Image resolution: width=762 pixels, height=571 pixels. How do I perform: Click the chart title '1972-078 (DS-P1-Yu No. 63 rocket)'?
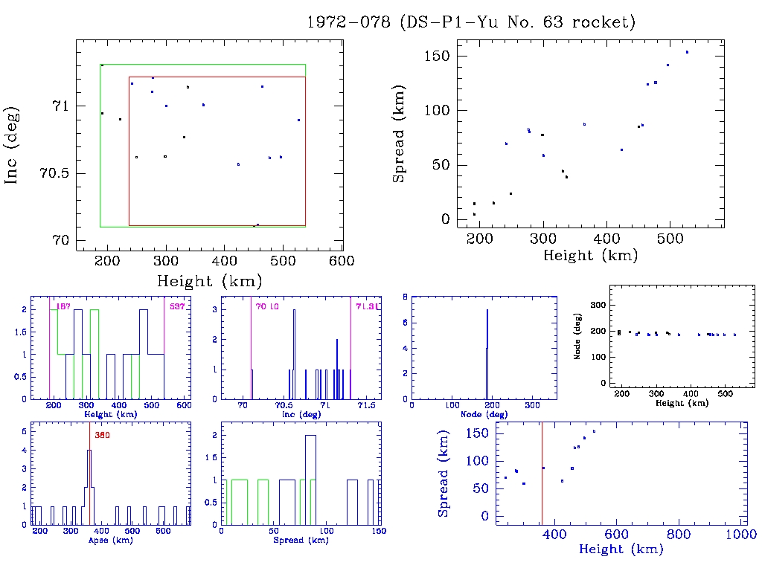tap(471, 22)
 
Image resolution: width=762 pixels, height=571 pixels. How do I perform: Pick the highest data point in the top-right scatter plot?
tap(687, 52)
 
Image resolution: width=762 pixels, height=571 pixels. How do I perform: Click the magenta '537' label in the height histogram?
tap(177, 306)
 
